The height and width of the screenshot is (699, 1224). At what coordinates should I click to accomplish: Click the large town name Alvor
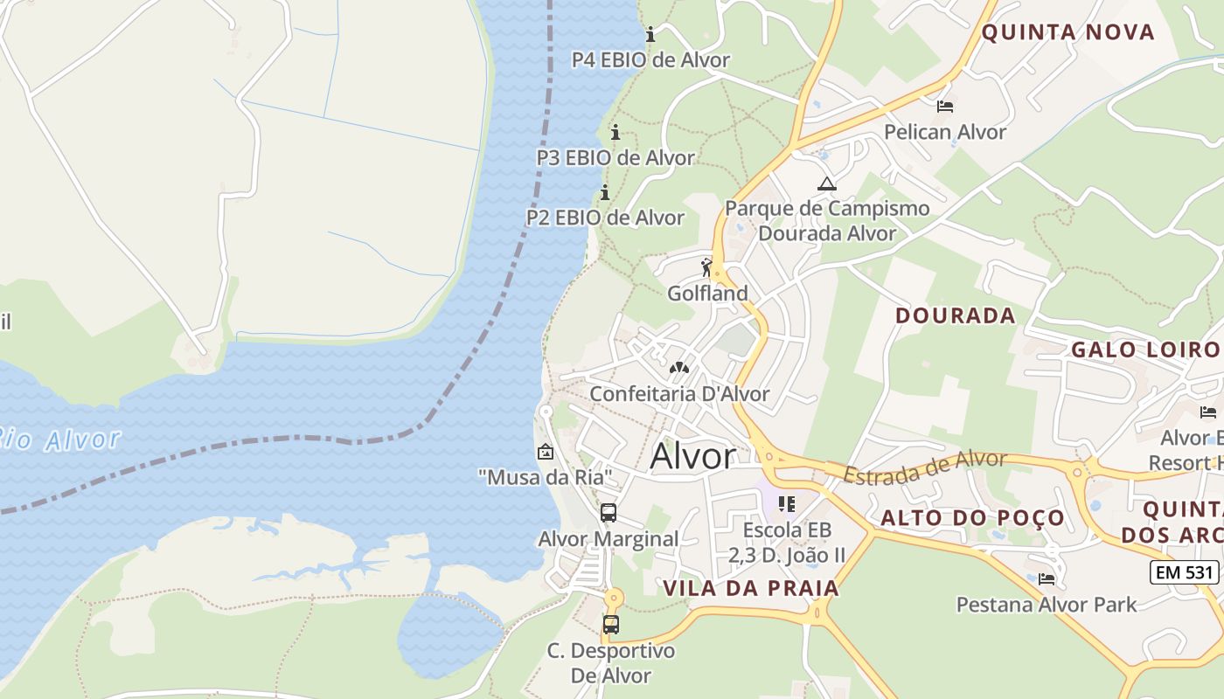tap(693, 456)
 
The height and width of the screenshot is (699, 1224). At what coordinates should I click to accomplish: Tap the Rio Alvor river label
tap(58, 439)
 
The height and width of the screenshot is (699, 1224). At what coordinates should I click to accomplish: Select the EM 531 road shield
tap(1184, 572)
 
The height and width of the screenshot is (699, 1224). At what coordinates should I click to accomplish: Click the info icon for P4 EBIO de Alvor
tap(650, 35)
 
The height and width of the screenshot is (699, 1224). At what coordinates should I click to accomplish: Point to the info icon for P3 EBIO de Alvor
tap(615, 133)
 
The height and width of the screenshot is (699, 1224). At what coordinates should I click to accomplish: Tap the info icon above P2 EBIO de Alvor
tap(604, 192)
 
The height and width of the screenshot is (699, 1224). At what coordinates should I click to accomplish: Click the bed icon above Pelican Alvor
tap(945, 107)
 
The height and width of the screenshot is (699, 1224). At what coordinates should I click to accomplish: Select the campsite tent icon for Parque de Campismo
tap(826, 184)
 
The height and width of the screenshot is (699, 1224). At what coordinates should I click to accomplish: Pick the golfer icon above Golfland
tap(706, 268)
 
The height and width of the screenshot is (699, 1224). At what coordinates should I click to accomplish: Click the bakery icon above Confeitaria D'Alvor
tap(679, 368)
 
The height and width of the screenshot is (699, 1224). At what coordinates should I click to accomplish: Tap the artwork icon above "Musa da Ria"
tap(546, 452)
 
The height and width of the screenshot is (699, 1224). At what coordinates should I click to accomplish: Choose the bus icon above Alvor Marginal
tap(609, 513)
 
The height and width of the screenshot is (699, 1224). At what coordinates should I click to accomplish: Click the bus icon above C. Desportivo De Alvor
tap(611, 625)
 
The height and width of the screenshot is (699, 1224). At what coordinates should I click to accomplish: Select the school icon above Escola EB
tap(787, 504)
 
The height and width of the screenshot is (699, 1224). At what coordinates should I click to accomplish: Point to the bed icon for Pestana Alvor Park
tap(1047, 578)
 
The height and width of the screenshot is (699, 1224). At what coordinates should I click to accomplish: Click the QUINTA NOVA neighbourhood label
tap(1068, 33)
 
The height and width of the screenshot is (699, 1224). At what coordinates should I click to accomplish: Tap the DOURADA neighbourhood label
tap(956, 315)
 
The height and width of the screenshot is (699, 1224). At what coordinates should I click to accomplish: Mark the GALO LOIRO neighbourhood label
tap(1144, 349)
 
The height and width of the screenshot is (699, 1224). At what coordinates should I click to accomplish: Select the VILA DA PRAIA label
tap(751, 588)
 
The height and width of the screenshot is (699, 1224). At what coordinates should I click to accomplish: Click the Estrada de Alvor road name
tap(925, 467)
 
